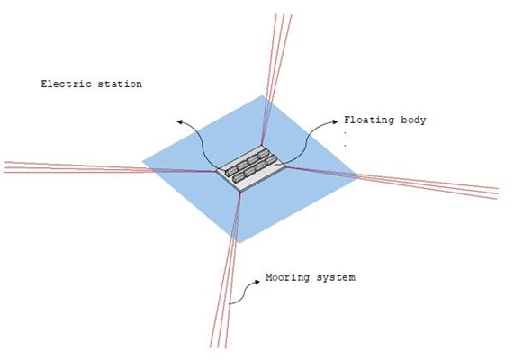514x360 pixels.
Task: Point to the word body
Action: (413, 121)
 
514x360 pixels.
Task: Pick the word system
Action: (336, 278)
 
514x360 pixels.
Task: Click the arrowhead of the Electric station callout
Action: (179, 122)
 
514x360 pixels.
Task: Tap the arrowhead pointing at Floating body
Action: (336, 121)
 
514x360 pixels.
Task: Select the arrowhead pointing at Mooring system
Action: (257, 282)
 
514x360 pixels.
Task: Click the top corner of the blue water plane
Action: (262, 95)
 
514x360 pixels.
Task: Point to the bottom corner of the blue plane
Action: (239, 243)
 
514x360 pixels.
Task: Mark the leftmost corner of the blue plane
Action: (142, 161)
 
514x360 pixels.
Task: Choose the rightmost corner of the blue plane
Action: (356, 175)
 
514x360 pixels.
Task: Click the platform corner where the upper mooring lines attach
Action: (262, 145)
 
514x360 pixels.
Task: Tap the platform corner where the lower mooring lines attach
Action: (240, 191)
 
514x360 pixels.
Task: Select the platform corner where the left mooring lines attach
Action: (217, 170)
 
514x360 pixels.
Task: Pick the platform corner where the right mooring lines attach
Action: (286, 166)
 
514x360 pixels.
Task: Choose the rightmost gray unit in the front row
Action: (272, 160)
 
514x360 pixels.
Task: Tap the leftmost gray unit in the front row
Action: (238, 178)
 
